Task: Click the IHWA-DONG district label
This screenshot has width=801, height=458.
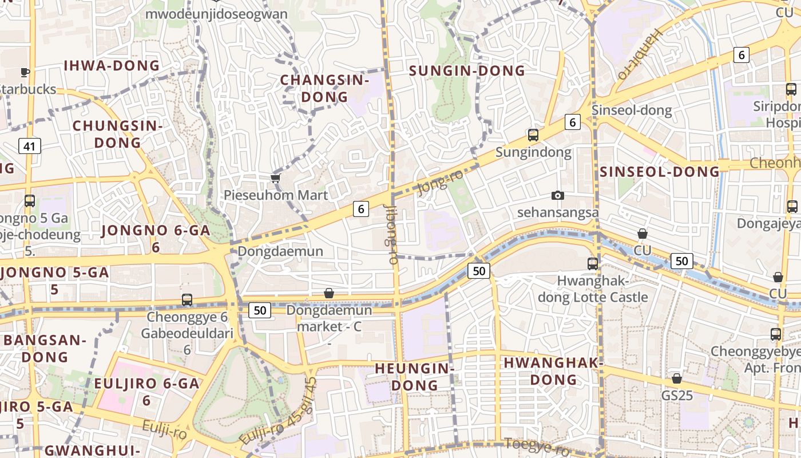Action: pos(112,65)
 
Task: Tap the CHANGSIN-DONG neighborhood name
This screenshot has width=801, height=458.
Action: pos(324,88)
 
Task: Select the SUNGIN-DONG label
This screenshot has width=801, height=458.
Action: pos(467,70)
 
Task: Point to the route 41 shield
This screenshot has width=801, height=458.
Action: pos(29,146)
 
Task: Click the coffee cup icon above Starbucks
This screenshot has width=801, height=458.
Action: pos(25,72)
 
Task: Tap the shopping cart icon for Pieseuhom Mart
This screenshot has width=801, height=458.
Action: pos(276,178)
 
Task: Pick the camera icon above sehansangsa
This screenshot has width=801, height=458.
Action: pos(558,195)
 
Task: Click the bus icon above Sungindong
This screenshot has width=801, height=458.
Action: pos(533,135)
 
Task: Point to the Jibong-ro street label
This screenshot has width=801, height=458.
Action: pos(392,234)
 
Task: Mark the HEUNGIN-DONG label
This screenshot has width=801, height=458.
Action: pos(415,376)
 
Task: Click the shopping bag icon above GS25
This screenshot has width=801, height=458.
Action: pos(677,378)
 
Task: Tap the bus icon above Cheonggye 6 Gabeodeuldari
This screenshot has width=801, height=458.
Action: pos(187,299)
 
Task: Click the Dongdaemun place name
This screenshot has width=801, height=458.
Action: pos(280,251)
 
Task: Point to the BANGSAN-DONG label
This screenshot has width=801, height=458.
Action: pos(45,348)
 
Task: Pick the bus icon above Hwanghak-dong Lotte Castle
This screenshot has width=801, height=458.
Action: pos(593,264)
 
